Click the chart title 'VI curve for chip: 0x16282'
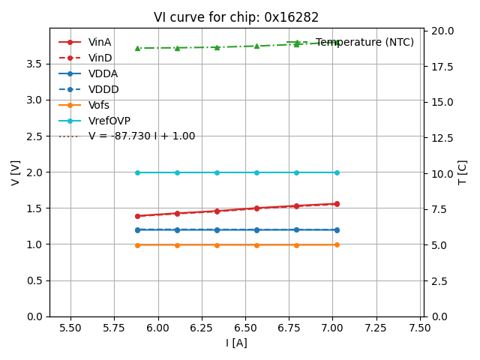click(x=236, y=17)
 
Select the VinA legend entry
click(x=100, y=42)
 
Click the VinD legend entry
click(x=100, y=58)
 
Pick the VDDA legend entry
click(x=103, y=73)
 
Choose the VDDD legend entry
click(x=103, y=89)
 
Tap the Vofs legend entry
click(x=99, y=105)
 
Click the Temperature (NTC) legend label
click(x=364, y=43)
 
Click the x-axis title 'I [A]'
click(x=236, y=343)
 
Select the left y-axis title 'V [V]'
click(x=16, y=172)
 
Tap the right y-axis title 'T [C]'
click(x=462, y=172)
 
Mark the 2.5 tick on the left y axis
click(x=34, y=136)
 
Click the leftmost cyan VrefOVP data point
click(x=137, y=172)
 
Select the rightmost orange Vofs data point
click(x=337, y=244)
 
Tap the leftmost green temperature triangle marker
click(x=137, y=48)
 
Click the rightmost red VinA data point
click(x=337, y=203)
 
